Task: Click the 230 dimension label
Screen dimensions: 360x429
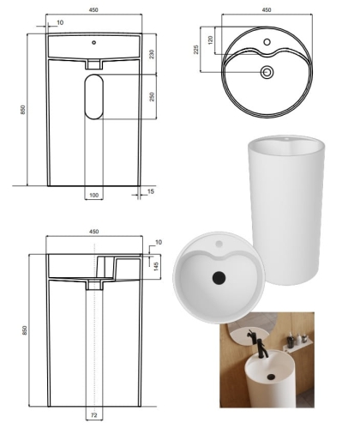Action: tap(152, 54)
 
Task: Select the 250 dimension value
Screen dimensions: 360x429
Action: tap(152, 96)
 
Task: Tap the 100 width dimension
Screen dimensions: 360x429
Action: tap(94, 196)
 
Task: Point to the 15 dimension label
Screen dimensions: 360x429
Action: tap(151, 191)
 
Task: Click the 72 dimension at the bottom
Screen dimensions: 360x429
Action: tap(94, 415)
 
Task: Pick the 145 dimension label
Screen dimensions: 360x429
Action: tap(157, 267)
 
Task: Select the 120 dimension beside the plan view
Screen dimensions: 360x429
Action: tap(211, 40)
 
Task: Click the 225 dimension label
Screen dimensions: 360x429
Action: tap(196, 50)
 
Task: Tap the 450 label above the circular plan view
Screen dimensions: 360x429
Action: tap(267, 10)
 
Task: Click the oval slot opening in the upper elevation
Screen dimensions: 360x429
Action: tap(93, 97)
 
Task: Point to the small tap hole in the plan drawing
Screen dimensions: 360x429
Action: tap(267, 42)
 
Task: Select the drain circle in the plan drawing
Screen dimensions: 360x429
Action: tap(267, 72)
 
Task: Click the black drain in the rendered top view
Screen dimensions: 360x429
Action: tap(219, 277)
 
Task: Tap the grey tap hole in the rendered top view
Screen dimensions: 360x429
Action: tap(219, 244)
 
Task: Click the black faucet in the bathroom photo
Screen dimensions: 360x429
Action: tap(261, 347)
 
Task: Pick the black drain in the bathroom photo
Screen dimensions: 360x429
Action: tap(271, 377)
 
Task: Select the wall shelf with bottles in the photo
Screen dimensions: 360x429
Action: tap(298, 342)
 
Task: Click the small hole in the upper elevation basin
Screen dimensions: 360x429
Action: tap(93, 43)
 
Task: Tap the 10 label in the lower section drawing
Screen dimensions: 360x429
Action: tap(159, 242)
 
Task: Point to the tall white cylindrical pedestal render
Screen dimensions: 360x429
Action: tap(286, 210)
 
